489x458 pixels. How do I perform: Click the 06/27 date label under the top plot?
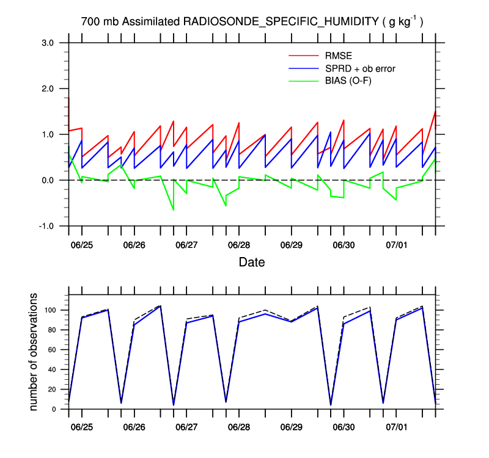186,245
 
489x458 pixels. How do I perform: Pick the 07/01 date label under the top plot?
396,245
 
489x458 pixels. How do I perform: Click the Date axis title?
252,263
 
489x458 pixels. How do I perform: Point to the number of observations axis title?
35,352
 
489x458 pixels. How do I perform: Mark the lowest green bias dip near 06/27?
173,210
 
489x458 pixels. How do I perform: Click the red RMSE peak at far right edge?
435,111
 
